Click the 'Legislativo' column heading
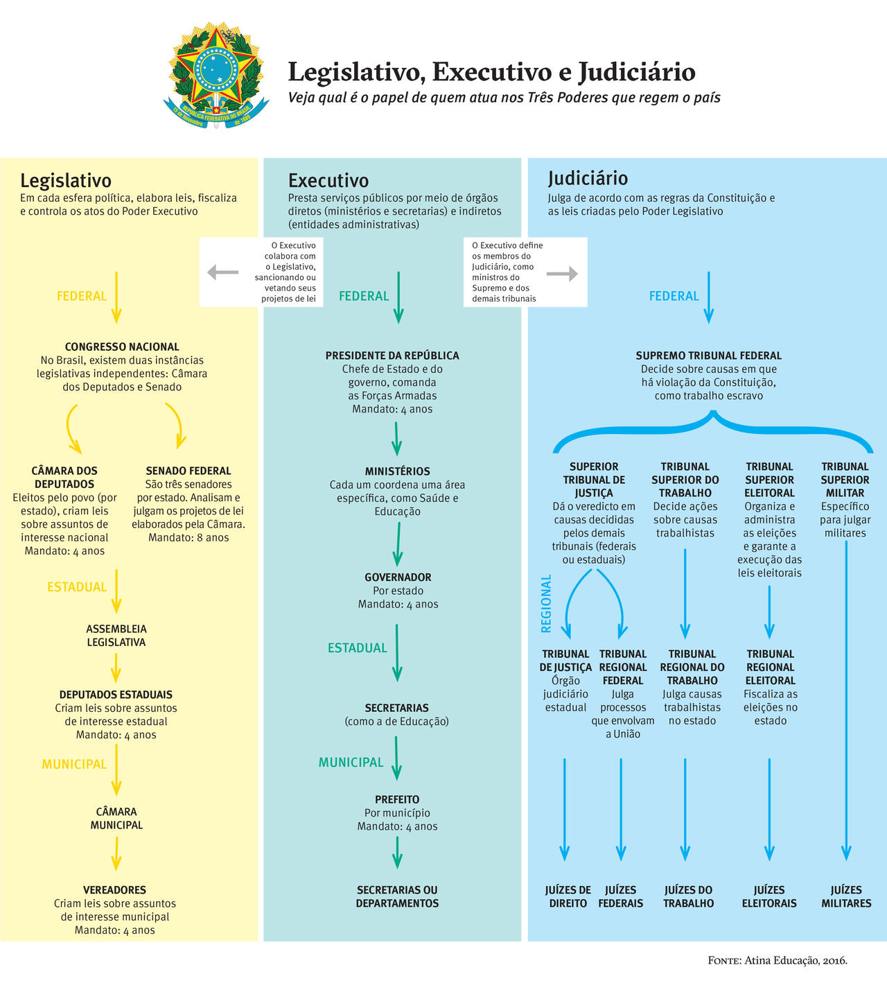click(66, 181)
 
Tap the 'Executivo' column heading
click(328, 181)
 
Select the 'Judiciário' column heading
click(588, 178)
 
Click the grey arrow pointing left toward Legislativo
click(222, 272)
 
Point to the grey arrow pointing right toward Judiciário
click(562, 274)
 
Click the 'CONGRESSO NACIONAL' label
click(122, 347)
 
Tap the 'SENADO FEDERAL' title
click(188, 471)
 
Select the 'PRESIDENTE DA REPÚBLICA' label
click(392, 356)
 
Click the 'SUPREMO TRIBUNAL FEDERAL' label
click(708, 356)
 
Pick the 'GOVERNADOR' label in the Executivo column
click(398, 577)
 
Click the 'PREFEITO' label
click(397, 799)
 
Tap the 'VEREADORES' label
click(115, 890)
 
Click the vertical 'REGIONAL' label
click(546, 603)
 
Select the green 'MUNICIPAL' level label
click(351, 763)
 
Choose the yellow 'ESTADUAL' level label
click(77, 587)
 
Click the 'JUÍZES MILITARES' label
click(846, 896)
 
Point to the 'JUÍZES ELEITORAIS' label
click(769, 896)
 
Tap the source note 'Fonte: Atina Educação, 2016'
click(778, 960)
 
